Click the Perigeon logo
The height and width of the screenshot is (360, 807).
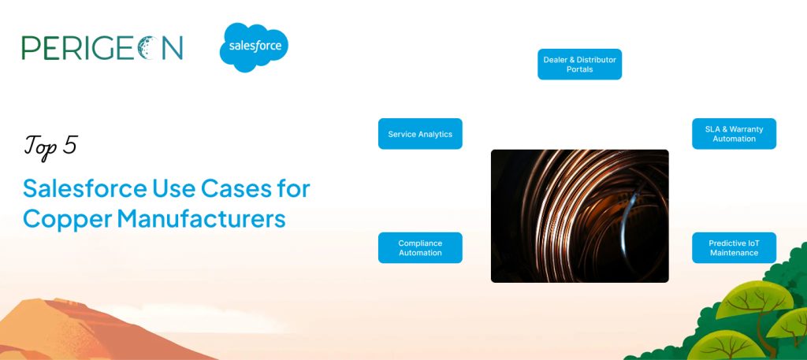click(102, 48)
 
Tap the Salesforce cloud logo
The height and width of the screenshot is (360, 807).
click(254, 47)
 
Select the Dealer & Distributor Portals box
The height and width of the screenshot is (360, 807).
click(579, 65)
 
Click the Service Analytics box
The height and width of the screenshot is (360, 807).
click(420, 134)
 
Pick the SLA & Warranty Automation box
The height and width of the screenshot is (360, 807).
click(734, 134)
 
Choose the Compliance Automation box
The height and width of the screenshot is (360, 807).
click(420, 248)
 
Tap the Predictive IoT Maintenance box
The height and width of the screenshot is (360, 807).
click(734, 248)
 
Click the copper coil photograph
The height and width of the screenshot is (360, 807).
click(579, 216)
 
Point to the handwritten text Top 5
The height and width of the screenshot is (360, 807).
click(50, 147)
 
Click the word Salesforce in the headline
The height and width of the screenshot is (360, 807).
click(85, 189)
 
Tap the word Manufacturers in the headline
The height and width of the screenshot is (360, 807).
click(201, 218)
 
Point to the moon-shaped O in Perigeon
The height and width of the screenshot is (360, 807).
click(147, 48)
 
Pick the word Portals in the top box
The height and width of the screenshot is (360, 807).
click(579, 69)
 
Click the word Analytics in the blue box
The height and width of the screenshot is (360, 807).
click(435, 134)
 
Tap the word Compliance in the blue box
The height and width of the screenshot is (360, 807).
click(420, 243)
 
